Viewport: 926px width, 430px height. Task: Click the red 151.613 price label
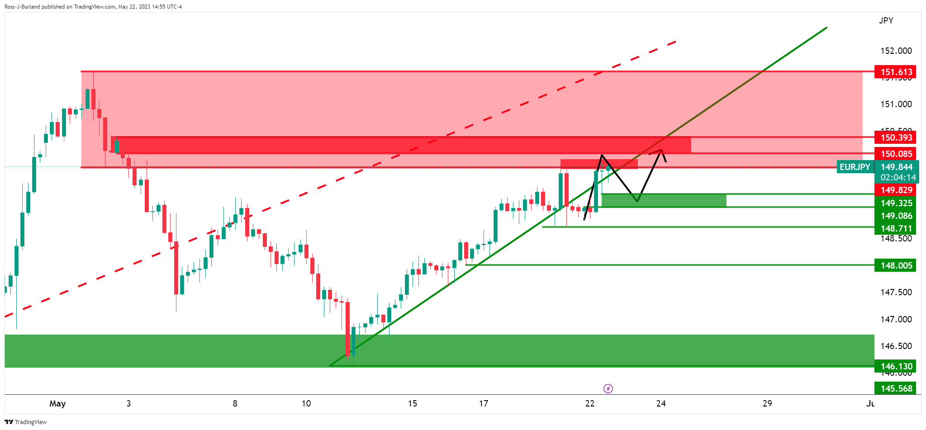pos(895,72)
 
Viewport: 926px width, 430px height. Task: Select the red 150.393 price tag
pos(895,137)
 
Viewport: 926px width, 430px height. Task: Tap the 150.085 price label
pos(895,154)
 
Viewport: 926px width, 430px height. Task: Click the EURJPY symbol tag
pos(855,167)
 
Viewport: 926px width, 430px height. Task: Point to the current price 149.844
pos(895,167)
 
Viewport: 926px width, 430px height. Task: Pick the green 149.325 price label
pos(895,203)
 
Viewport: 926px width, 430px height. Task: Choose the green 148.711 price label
pos(895,228)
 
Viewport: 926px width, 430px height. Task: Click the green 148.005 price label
pos(895,265)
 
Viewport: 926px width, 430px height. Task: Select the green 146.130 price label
pos(895,366)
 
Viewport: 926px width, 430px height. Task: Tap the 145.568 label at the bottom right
pos(895,388)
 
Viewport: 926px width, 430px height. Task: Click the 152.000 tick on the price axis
pos(896,51)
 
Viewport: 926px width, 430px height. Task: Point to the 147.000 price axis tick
pos(896,319)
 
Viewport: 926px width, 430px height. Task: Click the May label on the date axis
pos(57,403)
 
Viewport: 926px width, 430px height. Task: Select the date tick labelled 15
pos(412,403)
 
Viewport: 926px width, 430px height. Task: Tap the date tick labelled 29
pos(767,403)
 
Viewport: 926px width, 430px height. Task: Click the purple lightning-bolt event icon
pos(608,388)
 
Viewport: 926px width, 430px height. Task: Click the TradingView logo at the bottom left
pos(26,422)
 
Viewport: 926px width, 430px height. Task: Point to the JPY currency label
pos(886,20)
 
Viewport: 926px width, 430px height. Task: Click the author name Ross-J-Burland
pos(22,7)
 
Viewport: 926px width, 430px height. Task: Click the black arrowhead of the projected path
pos(662,151)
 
